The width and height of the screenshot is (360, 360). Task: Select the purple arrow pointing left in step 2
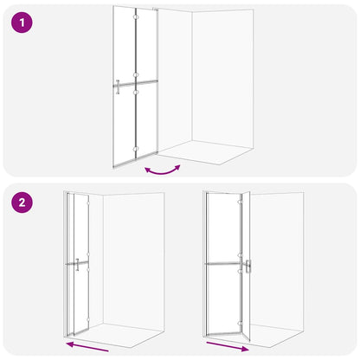coord(87,347)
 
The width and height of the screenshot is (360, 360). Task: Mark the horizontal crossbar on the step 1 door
coord(136,85)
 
